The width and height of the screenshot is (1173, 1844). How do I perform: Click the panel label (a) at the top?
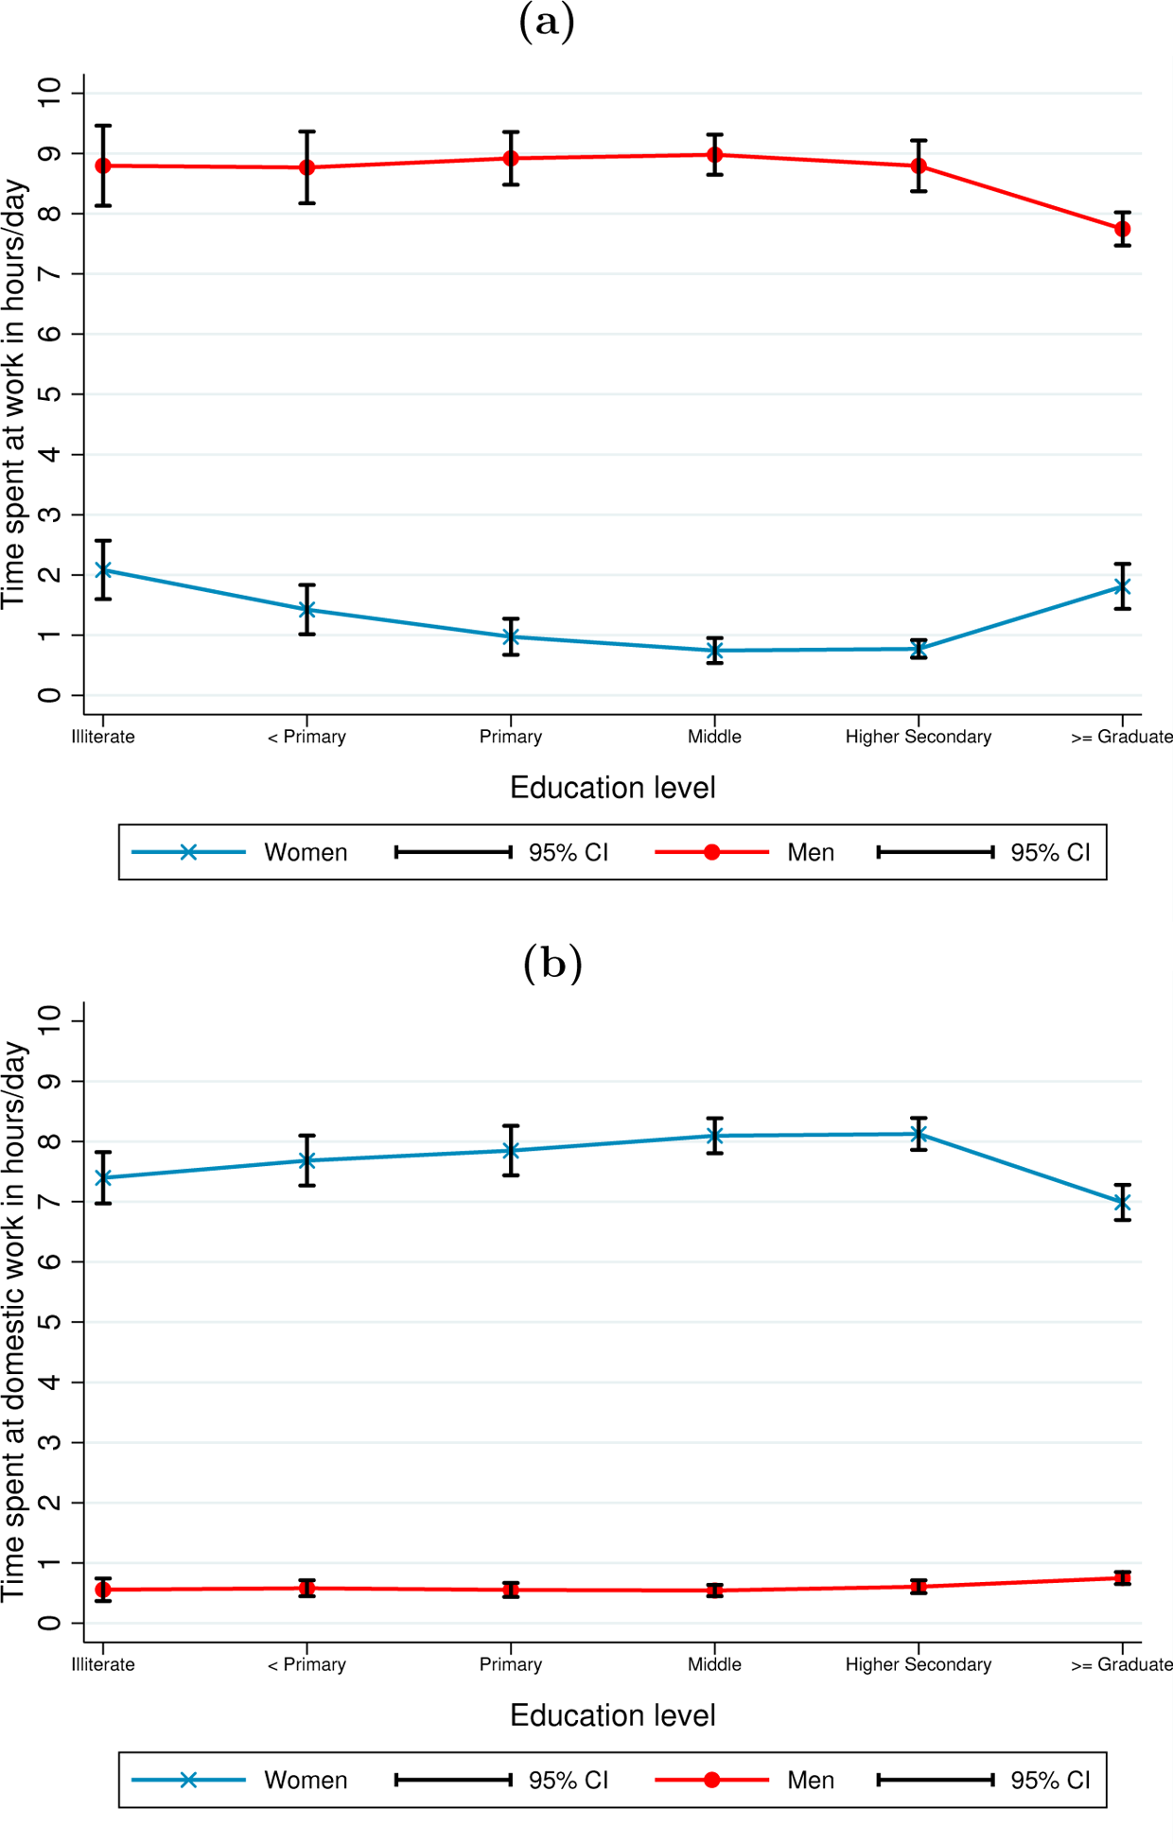click(x=547, y=21)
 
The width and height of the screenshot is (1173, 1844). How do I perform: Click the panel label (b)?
click(x=551, y=963)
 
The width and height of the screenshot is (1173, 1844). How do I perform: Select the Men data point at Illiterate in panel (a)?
click(x=103, y=165)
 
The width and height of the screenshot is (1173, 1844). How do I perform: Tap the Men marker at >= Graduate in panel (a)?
click(x=1122, y=229)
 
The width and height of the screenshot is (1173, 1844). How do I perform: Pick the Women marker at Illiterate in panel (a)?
click(x=103, y=570)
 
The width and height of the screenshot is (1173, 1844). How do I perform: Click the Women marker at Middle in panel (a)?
click(x=715, y=651)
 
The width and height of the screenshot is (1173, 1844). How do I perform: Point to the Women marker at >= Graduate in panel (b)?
click(x=1122, y=1203)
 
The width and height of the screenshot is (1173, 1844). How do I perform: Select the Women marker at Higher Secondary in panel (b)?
click(x=919, y=1134)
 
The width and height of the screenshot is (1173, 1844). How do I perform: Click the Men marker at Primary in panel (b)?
click(x=511, y=1590)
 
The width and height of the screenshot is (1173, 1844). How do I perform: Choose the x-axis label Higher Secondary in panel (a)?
click(x=918, y=737)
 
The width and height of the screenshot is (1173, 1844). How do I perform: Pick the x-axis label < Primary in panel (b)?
click(x=306, y=1664)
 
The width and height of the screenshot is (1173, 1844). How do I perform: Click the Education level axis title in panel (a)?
click(x=612, y=788)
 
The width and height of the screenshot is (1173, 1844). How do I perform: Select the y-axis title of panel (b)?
click(x=15, y=1322)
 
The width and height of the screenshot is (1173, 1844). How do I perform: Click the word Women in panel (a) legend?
click(x=306, y=852)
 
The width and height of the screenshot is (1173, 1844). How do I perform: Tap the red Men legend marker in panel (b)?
click(x=712, y=1780)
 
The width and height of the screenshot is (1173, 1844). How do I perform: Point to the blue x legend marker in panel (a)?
click(x=188, y=852)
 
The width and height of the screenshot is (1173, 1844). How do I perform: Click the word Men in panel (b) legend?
click(x=811, y=1780)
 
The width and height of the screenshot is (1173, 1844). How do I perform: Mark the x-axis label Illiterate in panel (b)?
click(x=103, y=1664)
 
